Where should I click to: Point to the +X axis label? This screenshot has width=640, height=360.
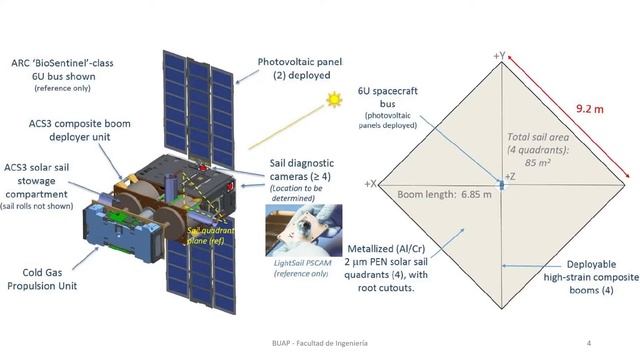372,184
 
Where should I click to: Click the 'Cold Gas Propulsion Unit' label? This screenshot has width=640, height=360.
47,277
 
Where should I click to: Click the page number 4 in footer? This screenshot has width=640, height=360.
589,343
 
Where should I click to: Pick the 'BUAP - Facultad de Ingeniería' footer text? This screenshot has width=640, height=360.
320,343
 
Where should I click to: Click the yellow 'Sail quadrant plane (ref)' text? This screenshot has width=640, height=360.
206,233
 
